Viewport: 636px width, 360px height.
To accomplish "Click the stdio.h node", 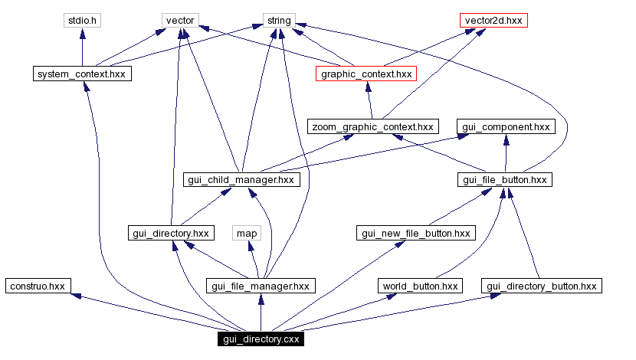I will tap(81, 20).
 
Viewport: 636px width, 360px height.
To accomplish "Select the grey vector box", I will tap(180, 20).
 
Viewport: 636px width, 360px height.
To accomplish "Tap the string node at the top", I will tap(279, 20).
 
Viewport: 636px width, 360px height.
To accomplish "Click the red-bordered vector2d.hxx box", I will tap(494, 20).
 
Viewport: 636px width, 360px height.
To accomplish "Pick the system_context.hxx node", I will tap(81, 74).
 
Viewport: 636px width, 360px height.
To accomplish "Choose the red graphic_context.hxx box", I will tap(366, 74).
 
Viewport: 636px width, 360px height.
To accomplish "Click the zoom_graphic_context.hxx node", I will tap(372, 126).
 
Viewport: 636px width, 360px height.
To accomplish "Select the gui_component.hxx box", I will tap(505, 126).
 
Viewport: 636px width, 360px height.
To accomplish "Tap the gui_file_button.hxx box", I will tap(505, 179).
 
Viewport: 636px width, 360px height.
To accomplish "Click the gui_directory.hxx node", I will tap(170, 232).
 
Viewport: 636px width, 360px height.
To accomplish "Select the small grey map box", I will tap(247, 232).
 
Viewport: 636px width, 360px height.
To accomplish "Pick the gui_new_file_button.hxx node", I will tap(416, 232).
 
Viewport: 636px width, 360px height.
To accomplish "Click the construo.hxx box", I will tap(37, 286).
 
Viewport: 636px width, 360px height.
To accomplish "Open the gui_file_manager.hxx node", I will tap(261, 286).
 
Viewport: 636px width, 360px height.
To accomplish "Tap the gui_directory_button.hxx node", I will tap(541, 286).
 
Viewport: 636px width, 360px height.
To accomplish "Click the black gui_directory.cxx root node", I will tap(261, 339).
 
